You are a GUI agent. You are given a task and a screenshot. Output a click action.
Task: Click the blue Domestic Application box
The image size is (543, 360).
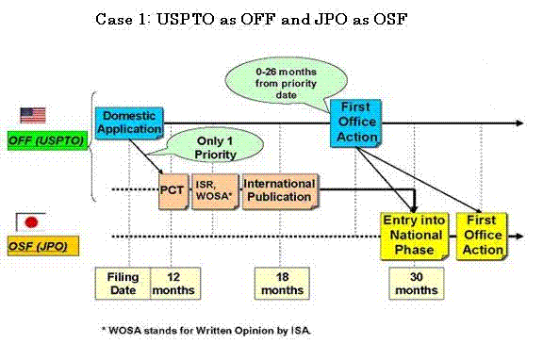129,123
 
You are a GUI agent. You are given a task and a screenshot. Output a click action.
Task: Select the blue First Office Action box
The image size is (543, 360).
356,123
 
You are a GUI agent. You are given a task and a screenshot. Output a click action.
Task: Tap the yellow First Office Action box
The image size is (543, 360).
482,237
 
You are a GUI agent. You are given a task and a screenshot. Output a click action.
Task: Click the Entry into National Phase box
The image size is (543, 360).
415,237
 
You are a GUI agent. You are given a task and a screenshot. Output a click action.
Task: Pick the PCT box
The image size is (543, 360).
173,191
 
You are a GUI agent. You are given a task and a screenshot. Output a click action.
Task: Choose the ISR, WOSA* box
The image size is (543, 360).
215,191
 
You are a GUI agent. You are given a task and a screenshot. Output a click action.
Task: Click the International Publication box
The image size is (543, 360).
280,191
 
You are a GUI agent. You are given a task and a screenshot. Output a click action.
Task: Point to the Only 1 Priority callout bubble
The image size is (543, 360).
215,146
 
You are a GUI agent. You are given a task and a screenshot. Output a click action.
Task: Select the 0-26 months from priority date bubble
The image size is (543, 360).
286,82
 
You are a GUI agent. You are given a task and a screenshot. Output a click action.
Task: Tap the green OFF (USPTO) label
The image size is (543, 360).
48,140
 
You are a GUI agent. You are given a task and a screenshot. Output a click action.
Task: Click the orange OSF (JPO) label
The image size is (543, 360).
43,246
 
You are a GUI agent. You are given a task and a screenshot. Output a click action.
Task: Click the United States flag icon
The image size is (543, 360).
33,115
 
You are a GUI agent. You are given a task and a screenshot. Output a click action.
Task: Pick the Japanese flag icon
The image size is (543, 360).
31,222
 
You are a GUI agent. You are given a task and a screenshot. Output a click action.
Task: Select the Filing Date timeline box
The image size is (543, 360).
123,283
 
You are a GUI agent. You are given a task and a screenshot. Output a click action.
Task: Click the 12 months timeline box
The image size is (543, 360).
175,283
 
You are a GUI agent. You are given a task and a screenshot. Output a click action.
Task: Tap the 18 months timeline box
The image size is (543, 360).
282,283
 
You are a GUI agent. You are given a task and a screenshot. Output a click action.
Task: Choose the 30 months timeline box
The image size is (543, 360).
417,283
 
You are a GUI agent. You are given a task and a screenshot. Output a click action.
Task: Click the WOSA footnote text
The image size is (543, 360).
206,330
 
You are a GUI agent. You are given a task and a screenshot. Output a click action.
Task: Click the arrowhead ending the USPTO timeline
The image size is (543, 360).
520,123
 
